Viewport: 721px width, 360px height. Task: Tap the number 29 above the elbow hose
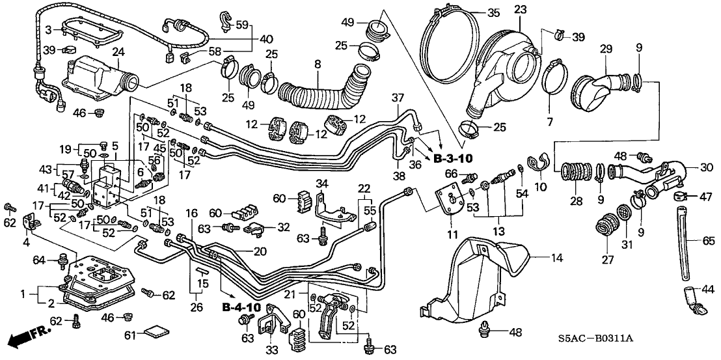(606, 49)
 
